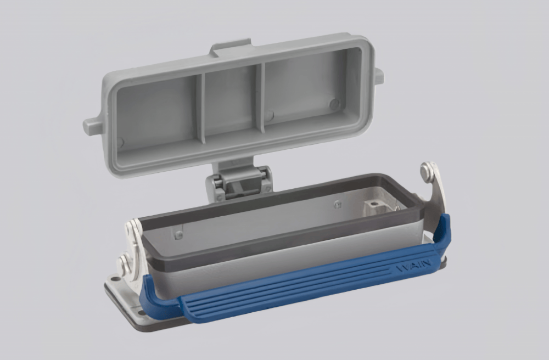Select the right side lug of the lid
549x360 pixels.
click(378, 76)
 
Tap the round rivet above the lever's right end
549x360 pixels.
click(427, 173)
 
